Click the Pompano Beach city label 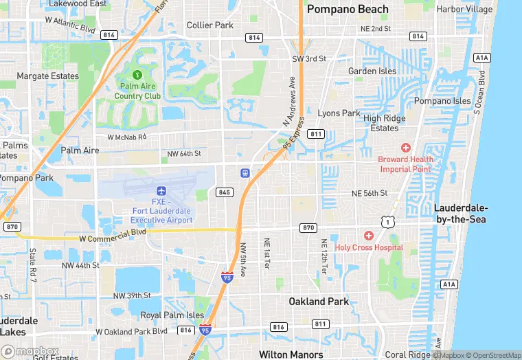coord(348,10)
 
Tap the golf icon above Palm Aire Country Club coord(137,74)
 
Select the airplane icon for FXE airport coord(161,190)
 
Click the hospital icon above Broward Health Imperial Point coord(406,148)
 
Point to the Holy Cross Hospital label coord(370,247)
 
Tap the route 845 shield coord(224,192)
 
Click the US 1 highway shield coord(389,222)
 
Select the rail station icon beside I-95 coord(244,172)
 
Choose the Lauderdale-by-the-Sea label coord(461,214)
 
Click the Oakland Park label coord(319,302)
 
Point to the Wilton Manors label coord(291,355)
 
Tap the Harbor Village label coord(465,10)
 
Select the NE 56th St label coord(370,194)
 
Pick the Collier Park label coord(210,25)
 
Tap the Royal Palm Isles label coord(172,315)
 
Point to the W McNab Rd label coord(127,137)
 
